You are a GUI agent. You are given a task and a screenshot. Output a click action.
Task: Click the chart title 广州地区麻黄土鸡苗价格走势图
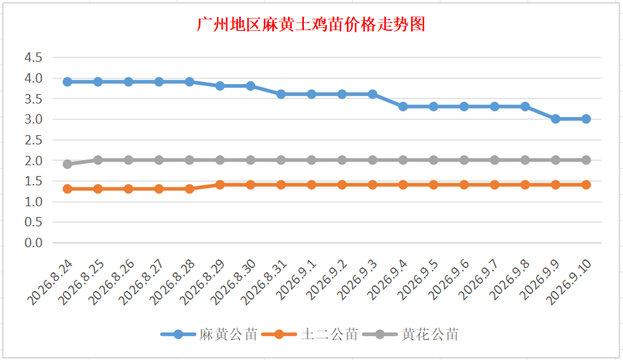click(x=311, y=24)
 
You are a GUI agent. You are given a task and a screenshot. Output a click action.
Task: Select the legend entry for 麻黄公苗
click(x=209, y=334)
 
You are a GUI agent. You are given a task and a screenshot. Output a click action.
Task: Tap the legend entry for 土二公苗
click(x=310, y=334)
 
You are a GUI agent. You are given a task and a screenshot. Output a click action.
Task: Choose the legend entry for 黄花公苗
click(x=410, y=334)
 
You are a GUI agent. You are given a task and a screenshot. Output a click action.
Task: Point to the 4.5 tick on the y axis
click(x=33, y=57)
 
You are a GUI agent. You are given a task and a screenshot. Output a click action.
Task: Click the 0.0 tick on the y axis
click(x=33, y=242)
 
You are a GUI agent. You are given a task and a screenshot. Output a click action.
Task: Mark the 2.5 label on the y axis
click(x=33, y=140)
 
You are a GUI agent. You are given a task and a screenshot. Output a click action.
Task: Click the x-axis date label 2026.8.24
click(x=50, y=282)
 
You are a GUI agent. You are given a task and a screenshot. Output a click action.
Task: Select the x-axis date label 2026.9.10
click(x=569, y=282)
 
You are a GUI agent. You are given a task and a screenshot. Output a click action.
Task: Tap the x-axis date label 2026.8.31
click(x=264, y=282)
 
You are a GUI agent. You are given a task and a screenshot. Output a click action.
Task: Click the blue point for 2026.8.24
click(x=68, y=82)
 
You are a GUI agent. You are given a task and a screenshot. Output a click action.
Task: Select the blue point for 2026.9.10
click(x=586, y=119)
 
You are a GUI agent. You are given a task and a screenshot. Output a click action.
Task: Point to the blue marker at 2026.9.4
click(x=403, y=106)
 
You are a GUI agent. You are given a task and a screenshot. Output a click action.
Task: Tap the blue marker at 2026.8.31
click(x=281, y=94)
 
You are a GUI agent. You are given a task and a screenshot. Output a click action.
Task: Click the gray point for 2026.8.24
click(x=68, y=164)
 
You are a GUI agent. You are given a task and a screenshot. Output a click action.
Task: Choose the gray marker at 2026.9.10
click(x=586, y=160)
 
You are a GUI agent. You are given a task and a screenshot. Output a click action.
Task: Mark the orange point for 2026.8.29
click(x=220, y=185)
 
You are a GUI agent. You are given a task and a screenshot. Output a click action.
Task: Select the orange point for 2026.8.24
click(x=68, y=189)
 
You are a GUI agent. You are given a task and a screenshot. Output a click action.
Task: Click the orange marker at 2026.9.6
click(x=464, y=185)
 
